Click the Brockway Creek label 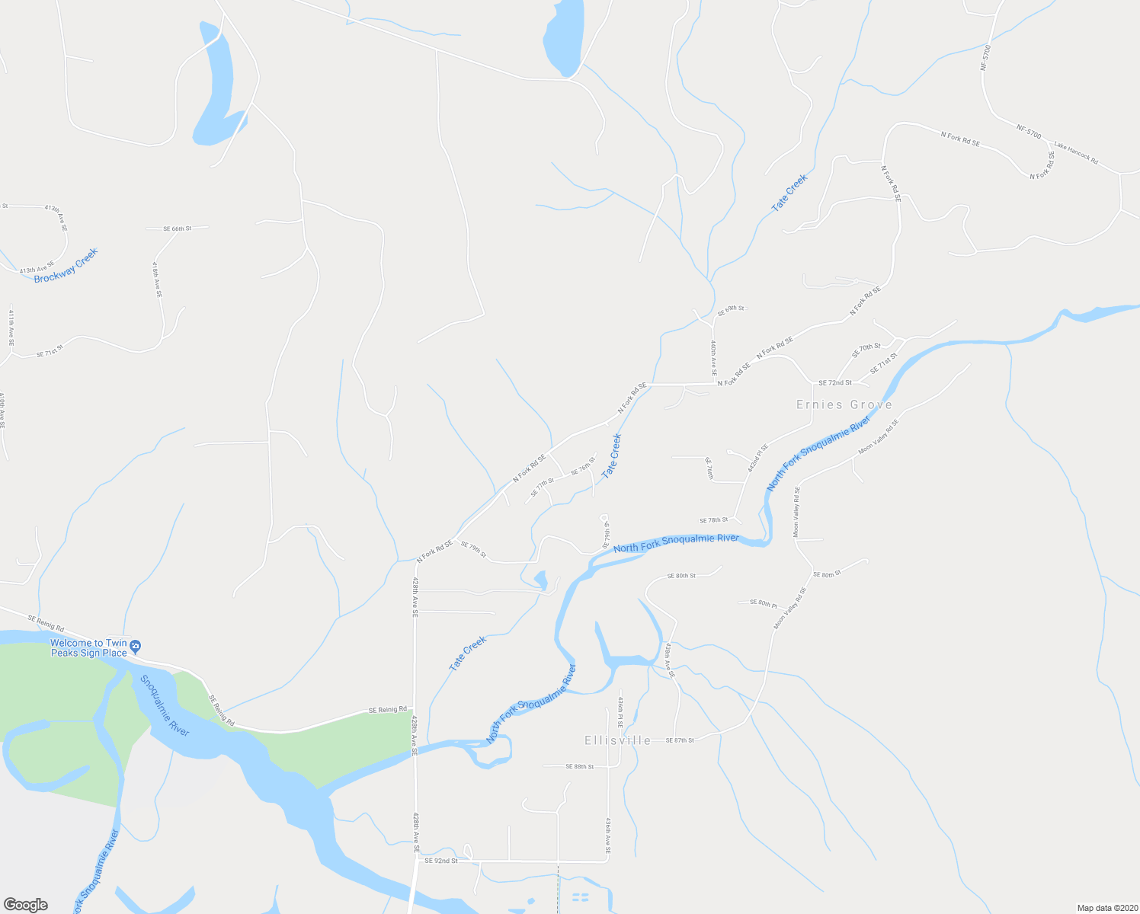(66, 266)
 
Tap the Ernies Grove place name (844, 404)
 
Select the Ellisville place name (618, 740)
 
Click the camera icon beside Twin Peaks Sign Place (136, 647)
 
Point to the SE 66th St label (177, 228)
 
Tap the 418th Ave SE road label (157, 280)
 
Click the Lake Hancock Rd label (1075, 152)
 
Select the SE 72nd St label (834, 382)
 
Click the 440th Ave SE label (713, 359)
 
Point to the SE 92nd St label (441, 861)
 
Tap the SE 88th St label (579, 766)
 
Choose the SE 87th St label (680, 740)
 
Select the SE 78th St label (714, 520)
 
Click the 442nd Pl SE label (757, 458)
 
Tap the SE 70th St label (866, 350)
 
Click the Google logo (26, 905)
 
